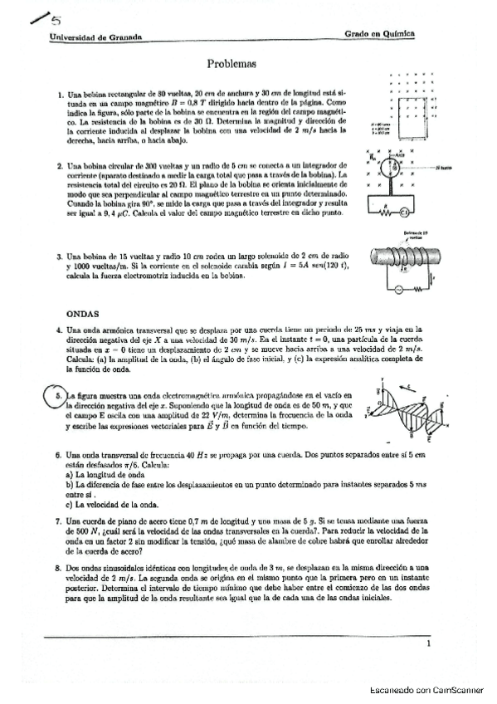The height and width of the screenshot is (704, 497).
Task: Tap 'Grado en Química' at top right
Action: coord(379,34)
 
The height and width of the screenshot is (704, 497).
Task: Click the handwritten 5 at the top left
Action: coord(41,17)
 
